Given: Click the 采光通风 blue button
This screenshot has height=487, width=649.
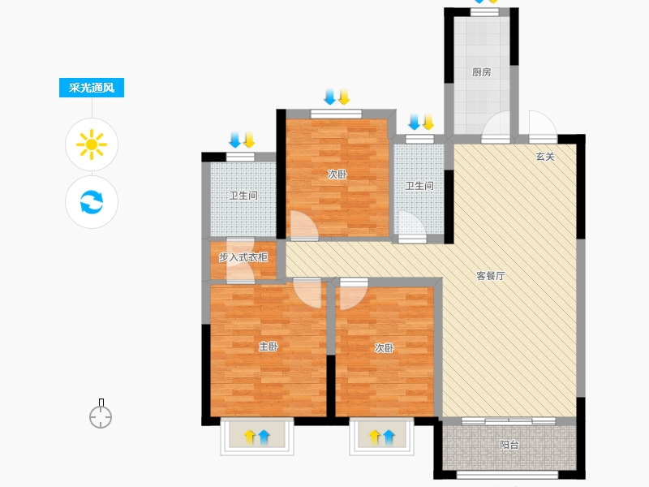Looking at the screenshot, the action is pos(92,88).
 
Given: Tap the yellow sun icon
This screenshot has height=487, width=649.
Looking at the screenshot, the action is pos(92,144).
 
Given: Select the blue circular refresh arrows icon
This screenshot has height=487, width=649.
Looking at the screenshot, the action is pos(92,202).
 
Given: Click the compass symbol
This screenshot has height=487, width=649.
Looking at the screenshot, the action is pos(101,414).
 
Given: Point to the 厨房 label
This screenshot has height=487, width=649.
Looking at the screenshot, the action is pos(481,72).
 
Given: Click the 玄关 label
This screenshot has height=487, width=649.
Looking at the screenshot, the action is pos(544,157).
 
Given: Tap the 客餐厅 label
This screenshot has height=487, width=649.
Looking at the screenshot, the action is pos(491,276).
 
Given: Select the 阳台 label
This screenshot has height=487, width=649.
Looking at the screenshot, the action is pos(509,445).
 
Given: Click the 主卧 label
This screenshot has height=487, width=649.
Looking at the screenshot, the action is pos(269,347).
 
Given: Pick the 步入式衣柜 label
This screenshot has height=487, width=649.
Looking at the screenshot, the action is pos(243,257).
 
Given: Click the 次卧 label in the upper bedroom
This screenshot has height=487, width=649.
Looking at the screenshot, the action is pos(337,175).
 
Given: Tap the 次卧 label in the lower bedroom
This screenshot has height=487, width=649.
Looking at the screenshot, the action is pos(384,348).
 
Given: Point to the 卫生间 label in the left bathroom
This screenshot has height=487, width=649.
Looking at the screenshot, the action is pos(243,196).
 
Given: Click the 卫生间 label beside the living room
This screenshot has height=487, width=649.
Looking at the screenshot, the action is pos(419,186).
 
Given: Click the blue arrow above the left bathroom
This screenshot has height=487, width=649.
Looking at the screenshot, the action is pos(235,140).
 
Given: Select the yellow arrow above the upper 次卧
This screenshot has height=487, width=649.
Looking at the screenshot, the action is pos(344,97).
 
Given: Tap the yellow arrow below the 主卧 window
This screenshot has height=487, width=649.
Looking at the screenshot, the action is pos(249,437).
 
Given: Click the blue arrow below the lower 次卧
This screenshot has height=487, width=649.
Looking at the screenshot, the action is pos(389,437).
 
